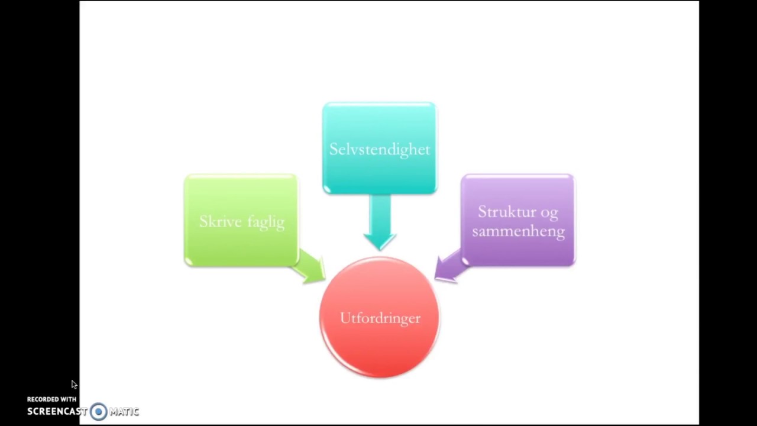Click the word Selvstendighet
coord(380,150)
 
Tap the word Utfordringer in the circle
coord(380,318)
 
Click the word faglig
coord(266,223)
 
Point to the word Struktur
coord(506,212)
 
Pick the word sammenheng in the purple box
coord(519,232)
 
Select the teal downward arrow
coord(380,222)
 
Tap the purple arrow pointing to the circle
coord(450,266)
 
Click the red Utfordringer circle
coord(380,317)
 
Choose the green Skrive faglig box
coord(241,221)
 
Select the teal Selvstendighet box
coord(380,148)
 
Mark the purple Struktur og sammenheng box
coord(518,221)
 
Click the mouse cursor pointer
coord(74,385)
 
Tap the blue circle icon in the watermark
coord(99,411)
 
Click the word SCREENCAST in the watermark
coord(57,411)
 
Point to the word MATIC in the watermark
coord(124,411)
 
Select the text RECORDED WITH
coord(51,399)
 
